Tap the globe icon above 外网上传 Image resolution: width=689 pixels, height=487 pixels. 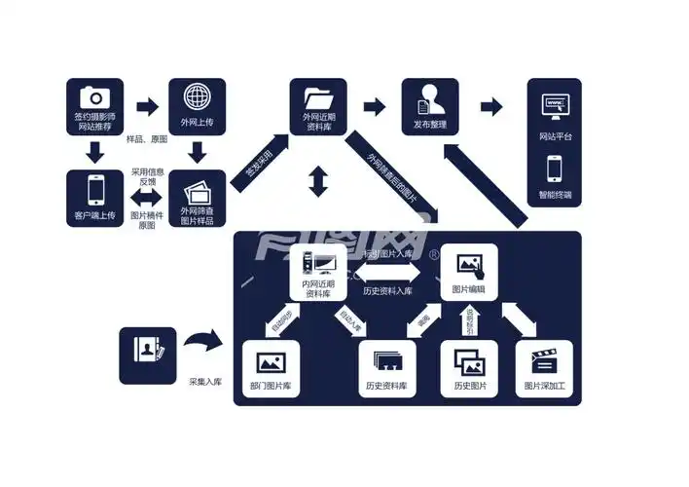click(x=198, y=97)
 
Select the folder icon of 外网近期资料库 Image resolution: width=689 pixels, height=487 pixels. click(x=318, y=98)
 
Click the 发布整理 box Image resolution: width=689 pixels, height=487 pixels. click(x=430, y=108)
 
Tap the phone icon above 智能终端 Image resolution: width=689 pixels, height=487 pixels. click(x=555, y=169)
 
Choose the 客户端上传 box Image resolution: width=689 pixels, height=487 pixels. click(x=94, y=199)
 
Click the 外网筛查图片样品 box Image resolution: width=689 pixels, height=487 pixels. click(x=198, y=199)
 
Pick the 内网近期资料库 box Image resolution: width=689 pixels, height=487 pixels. click(x=318, y=273)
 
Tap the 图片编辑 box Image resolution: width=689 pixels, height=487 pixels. click(x=469, y=273)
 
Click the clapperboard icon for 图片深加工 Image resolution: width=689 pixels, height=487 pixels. click(x=545, y=362)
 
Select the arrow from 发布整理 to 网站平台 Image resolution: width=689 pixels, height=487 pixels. click(x=491, y=106)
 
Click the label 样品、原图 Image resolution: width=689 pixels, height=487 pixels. click(x=148, y=139)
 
